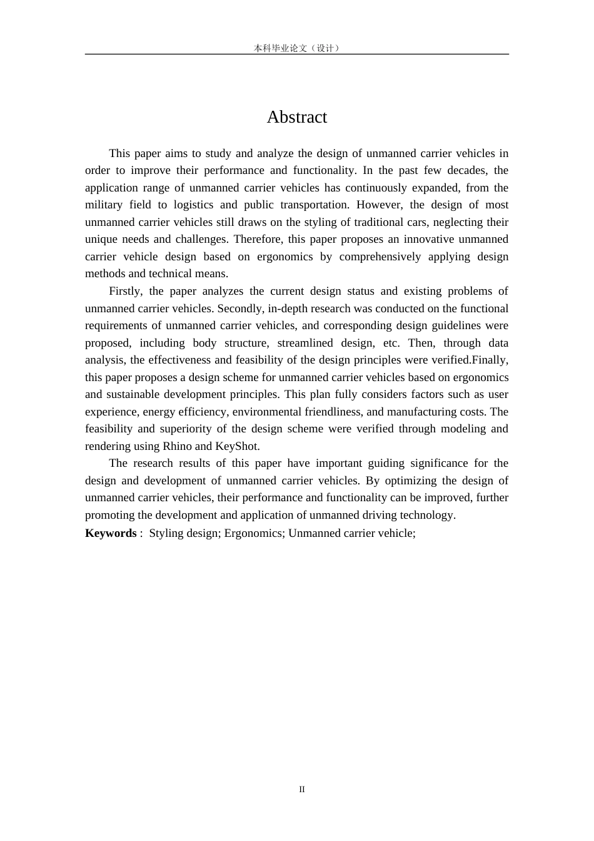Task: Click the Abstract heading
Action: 296,117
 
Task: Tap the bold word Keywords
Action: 111,533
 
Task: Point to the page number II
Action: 302,790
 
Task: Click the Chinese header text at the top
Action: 297,48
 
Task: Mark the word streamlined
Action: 305,343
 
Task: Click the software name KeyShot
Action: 237,446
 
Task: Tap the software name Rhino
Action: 177,446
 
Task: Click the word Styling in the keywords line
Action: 166,533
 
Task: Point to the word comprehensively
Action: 380,257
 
